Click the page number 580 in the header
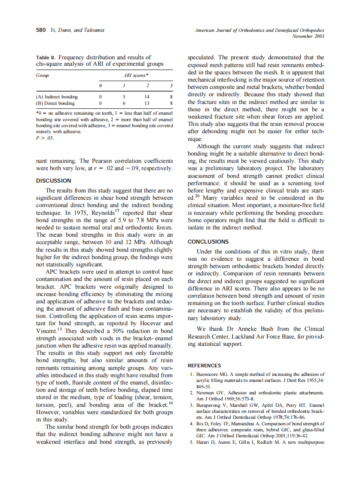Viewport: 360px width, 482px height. [x=40, y=30]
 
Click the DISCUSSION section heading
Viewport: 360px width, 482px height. [x=54, y=181]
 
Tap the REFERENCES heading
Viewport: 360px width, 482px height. [x=204, y=366]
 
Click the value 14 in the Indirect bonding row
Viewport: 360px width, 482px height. [x=147, y=97]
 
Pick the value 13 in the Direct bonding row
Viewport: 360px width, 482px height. [x=147, y=104]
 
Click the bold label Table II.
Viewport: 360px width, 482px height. [x=46, y=58]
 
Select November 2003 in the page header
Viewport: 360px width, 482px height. [x=308, y=36]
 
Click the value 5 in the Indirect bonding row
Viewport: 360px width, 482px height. [x=124, y=97]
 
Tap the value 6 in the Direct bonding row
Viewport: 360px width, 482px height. [x=124, y=104]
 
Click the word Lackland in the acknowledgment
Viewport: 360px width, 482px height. [x=242, y=337]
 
